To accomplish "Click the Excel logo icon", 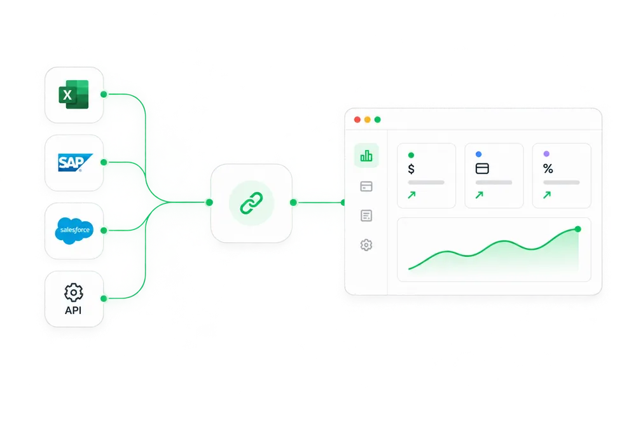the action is pos(73,95).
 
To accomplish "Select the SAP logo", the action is pos(75,163).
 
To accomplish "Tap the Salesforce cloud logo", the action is pos(74,230).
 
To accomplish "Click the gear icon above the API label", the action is pos(73,292).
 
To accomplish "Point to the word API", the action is pos(73,310).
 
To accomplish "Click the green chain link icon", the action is pos(251,203).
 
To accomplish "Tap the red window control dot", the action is pos(357,120).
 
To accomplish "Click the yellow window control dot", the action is pos(368,120).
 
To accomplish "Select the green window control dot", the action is pos(378,120).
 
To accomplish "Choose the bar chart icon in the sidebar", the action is pos(366,156).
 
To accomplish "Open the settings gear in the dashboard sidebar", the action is pos(366,245).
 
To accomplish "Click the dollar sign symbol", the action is pos(411,168).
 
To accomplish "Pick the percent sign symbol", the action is pos(548,168).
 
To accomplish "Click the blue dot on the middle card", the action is pos(479,154).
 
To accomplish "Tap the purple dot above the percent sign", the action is pos(546,154).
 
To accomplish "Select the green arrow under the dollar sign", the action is pos(411,195).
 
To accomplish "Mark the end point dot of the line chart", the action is pos(578,229).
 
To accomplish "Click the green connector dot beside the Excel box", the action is pos(104,95).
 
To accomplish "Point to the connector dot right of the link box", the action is pos(293,202).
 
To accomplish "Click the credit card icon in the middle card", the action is pos(482,168).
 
